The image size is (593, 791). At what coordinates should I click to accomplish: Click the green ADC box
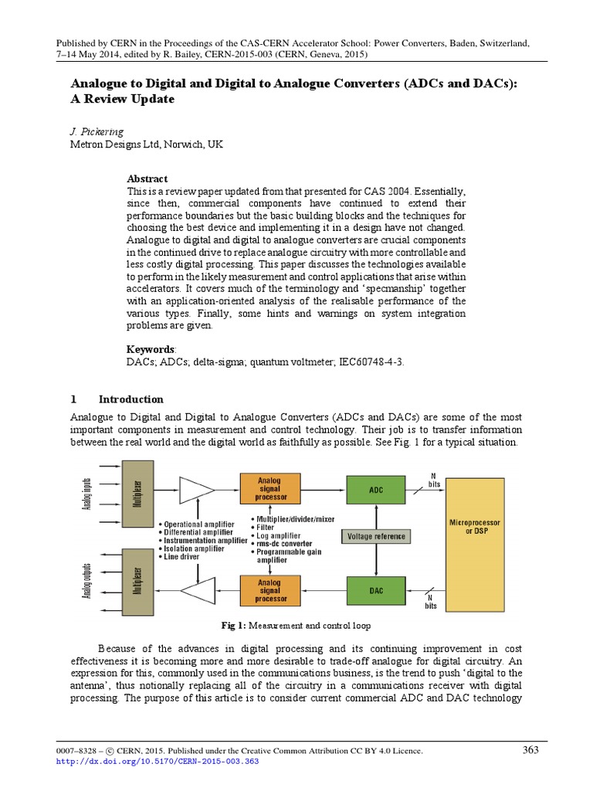375,489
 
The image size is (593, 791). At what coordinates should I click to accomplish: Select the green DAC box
375,590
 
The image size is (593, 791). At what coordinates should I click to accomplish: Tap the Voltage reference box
375,536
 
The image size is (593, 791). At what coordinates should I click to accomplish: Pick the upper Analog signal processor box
269,488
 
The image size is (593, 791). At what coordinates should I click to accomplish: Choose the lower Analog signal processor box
269,590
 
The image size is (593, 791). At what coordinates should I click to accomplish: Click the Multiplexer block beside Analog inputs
137,488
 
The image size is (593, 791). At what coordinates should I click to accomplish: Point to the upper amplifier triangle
196,488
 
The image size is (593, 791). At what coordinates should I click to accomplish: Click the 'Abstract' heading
147,178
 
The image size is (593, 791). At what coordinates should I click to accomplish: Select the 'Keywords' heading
150,349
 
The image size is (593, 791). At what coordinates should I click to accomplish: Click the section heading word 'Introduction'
130,399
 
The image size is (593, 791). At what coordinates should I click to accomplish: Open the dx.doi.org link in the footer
159,761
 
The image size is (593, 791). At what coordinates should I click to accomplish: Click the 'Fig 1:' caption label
232,624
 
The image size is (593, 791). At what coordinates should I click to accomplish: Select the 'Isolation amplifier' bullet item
200,548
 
